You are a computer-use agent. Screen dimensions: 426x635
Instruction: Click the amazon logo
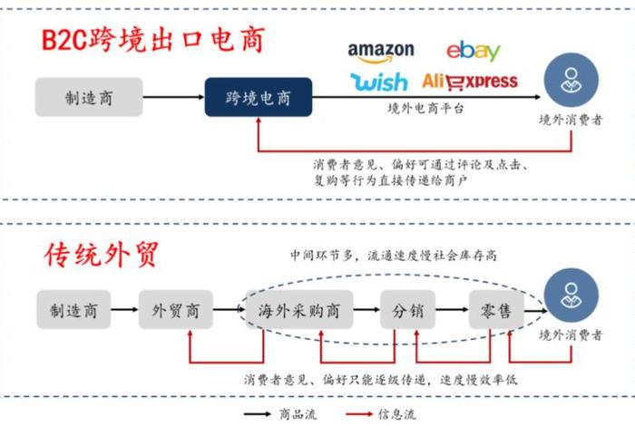pos(380,53)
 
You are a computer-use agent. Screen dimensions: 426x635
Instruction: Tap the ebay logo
pos(473,51)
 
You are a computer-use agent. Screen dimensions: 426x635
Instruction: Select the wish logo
pos(379,82)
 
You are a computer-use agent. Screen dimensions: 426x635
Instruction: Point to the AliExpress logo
pos(470,82)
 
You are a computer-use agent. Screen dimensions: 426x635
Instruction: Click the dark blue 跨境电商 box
pos(258,97)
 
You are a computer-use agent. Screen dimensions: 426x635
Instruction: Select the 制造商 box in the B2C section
pos(89,97)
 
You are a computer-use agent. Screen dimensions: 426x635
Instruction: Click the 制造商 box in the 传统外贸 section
pos(73,312)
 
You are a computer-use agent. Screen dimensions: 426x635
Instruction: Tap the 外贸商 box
pos(174,312)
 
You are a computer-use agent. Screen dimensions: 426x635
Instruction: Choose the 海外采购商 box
pos(298,312)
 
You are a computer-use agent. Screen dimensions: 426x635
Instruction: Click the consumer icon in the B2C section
pos(571,79)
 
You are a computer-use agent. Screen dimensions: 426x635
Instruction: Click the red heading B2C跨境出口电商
pos(154,42)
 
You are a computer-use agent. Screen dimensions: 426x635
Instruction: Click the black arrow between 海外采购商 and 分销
pos(364,312)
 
